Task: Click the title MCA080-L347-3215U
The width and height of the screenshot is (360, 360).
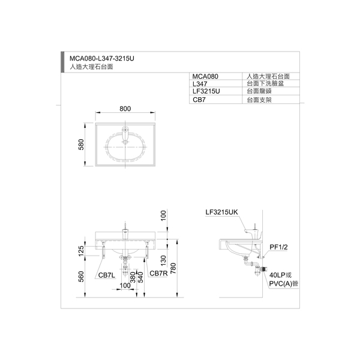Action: [x=102, y=59]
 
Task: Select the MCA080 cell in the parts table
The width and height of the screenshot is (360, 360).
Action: [x=205, y=76]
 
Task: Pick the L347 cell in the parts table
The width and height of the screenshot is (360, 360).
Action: [x=200, y=84]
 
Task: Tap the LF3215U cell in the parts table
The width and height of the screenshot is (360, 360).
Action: [x=206, y=91]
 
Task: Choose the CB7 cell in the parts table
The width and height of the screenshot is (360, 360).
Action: [x=199, y=100]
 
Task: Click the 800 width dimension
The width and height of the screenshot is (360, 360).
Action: [x=125, y=109]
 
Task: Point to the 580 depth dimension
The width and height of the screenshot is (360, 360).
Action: [x=81, y=145]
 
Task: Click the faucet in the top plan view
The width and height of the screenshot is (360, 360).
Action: [x=125, y=134]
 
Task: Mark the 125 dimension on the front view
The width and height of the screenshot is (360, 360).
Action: [x=81, y=251]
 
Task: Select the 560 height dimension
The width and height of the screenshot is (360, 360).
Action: [x=81, y=277]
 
